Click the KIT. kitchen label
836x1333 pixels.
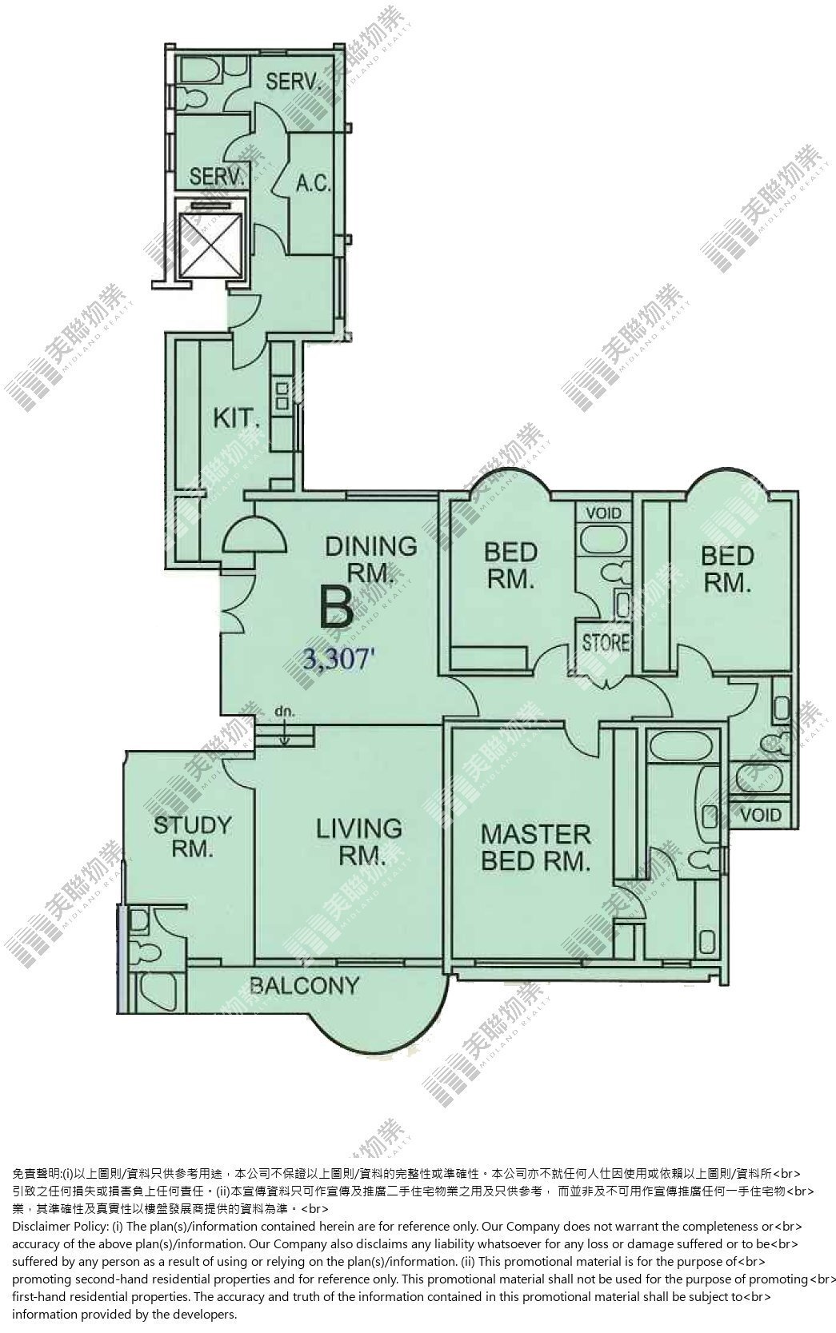pyautogui.click(x=236, y=418)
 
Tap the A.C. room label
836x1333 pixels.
pyautogui.click(x=314, y=183)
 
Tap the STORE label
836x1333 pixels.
pyautogui.click(x=606, y=643)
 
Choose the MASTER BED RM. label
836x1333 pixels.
pyautogui.click(x=535, y=848)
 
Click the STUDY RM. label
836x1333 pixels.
pyautogui.click(x=192, y=836)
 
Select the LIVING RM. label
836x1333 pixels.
pyautogui.click(x=359, y=841)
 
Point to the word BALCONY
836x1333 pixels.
pyautogui.click(x=304, y=986)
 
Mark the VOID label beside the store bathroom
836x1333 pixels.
pyautogui.click(x=603, y=513)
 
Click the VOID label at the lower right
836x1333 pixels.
pyautogui.click(x=761, y=814)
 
